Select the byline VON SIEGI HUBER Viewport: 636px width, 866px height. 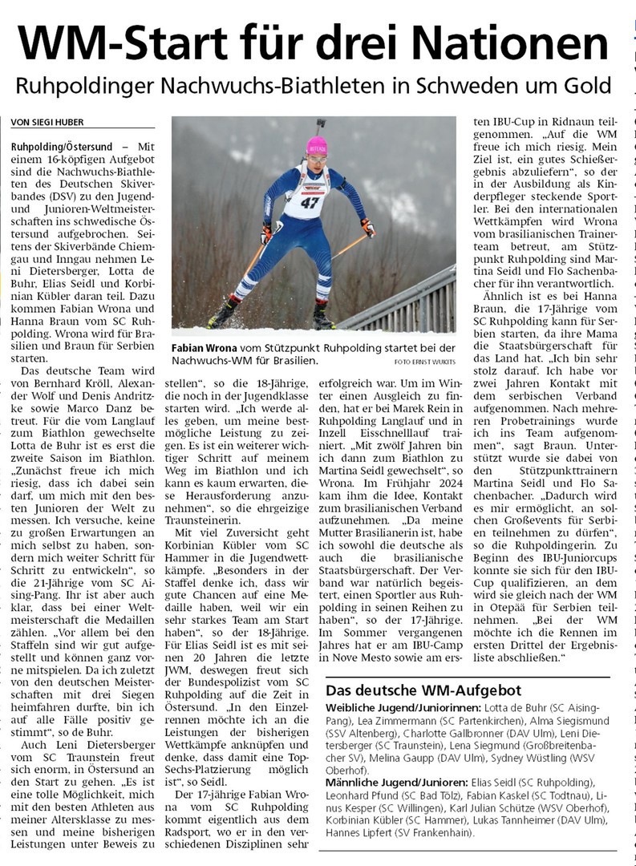point(47,122)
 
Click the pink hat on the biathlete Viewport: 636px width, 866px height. point(318,145)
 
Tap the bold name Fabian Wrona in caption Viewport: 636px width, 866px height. point(203,347)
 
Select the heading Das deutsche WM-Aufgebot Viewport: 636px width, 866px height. point(423,690)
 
